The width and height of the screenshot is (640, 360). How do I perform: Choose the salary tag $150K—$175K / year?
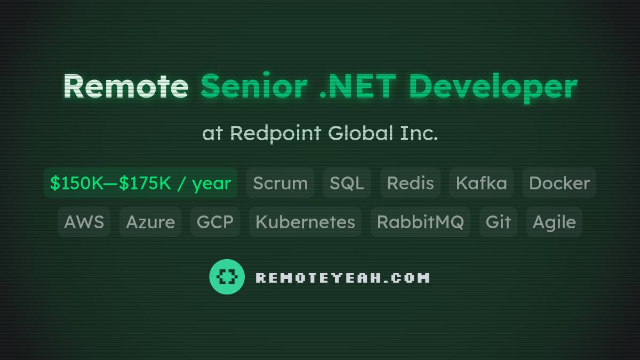140,183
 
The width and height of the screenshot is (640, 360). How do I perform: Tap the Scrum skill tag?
280,183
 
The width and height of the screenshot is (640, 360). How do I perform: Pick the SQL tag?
347,183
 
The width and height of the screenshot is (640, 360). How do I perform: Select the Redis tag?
410,183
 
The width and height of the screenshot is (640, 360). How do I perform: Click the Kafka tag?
481,183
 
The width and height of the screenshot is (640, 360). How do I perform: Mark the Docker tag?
559,183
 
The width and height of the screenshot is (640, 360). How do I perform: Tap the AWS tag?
84,222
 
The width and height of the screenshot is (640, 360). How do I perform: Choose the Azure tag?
150,222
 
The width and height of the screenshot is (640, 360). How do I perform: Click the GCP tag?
215,222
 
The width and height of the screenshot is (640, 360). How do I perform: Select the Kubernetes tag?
305,222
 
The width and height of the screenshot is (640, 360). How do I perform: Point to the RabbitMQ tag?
420,222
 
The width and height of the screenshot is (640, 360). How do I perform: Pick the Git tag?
498,222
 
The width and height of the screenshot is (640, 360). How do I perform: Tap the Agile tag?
554,222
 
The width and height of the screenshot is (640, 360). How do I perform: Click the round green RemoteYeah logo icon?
227,277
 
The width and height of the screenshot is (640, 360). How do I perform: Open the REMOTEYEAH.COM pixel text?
342,277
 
